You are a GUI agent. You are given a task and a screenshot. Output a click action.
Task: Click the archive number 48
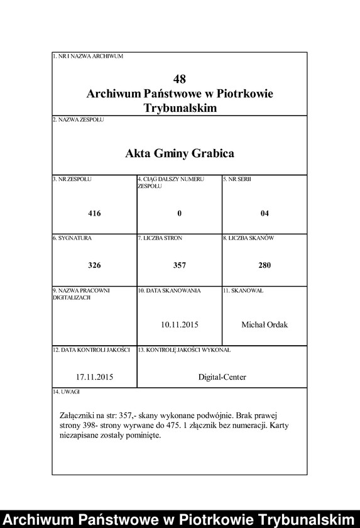click(x=180, y=79)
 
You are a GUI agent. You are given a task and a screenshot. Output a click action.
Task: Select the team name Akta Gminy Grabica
click(x=180, y=153)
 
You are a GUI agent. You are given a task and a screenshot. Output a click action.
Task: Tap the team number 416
click(x=94, y=214)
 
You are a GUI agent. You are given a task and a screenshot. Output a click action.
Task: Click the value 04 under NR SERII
click(x=265, y=214)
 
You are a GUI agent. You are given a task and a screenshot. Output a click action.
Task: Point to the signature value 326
click(x=94, y=265)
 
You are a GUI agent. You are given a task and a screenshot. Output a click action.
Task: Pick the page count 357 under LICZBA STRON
click(x=180, y=265)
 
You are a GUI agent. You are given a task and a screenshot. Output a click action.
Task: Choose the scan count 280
click(x=265, y=265)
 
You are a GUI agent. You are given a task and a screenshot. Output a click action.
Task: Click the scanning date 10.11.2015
click(x=180, y=324)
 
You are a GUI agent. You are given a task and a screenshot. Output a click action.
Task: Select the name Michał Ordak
click(x=265, y=324)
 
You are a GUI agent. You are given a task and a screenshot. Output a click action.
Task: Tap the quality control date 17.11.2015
click(x=94, y=377)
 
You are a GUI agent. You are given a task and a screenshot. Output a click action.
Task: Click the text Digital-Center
click(x=222, y=377)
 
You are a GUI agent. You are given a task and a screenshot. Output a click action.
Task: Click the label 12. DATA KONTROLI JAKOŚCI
click(x=91, y=349)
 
